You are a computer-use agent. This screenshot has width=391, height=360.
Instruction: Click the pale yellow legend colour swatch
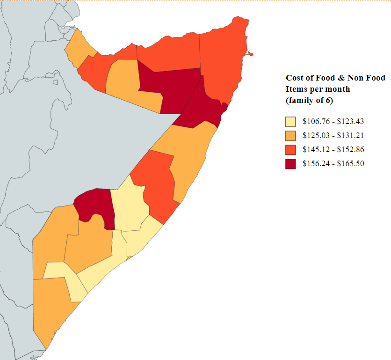290,122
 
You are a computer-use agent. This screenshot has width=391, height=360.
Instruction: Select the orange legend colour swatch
290,136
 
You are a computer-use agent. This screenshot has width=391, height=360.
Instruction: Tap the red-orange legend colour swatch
290,150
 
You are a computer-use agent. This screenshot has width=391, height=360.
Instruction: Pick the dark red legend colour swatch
290,164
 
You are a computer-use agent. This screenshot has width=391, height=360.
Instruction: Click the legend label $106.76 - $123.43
333,122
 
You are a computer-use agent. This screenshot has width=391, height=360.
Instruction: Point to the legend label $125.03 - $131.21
333,136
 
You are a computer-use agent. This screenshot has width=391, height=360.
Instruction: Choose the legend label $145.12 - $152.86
333,150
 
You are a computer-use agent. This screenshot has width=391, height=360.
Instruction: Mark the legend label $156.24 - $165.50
333,164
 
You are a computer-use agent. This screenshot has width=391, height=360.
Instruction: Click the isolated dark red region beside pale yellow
96,204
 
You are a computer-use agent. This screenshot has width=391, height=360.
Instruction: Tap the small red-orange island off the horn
251,54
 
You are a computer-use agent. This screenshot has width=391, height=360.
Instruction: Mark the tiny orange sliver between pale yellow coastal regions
130,257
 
